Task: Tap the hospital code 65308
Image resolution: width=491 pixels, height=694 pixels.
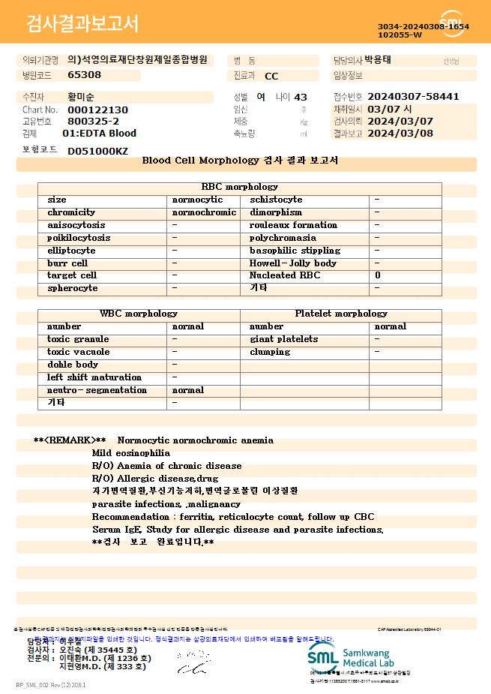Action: pos(84,75)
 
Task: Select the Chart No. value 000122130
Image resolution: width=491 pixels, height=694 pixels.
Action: pos(97,110)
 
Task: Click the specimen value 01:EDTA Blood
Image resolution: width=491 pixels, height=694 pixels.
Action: pos(99,134)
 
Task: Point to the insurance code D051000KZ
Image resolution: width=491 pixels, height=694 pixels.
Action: pos(97,151)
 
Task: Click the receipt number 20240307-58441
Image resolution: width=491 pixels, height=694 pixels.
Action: pos(414,97)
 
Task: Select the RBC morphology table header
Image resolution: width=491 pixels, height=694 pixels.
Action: pos(240,187)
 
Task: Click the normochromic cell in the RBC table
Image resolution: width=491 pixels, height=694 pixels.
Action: pos(204,212)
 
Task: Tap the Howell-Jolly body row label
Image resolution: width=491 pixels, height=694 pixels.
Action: pos(293,263)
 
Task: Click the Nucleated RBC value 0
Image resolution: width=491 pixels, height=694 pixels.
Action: pos(378,275)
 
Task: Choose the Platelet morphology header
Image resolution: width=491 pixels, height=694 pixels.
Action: pos(341,314)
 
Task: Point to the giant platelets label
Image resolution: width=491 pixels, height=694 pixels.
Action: pos(283,339)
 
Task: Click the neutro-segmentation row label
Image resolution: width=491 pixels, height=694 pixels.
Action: pos(97,390)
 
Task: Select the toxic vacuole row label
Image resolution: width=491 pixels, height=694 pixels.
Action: pos(78,352)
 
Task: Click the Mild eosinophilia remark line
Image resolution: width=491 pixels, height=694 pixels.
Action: pos(131,453)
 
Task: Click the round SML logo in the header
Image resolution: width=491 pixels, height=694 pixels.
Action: pos(453,23)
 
